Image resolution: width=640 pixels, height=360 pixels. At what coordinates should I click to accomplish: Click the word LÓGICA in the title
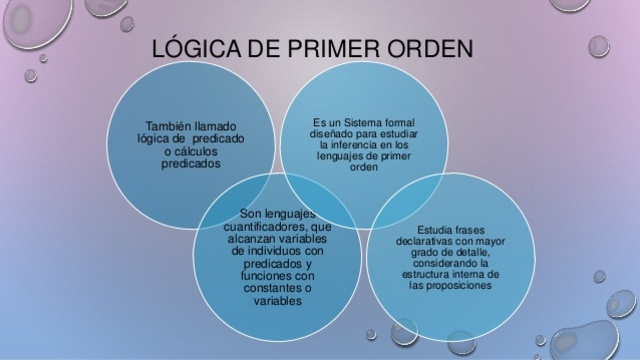pyautogui.click(x=189, y=49)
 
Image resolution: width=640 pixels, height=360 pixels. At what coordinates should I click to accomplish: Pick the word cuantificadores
pyautogui.click(x=262, y=225)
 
